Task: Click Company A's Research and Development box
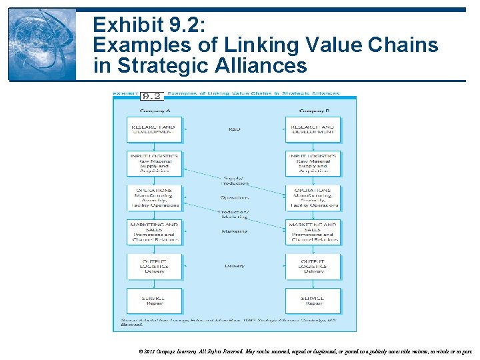click(x=154, y=129)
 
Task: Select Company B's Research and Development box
click(x=313, y=129)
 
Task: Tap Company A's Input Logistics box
click(x=154, y=163)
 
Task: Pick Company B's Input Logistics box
click(x=313, y=163)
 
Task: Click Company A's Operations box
click(x=154, y=198)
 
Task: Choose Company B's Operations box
click(x=313, y=198)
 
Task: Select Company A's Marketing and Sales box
click(x=154, y=231)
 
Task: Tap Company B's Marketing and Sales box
click(x=313, y=231)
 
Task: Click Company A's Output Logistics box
click(x=154, y=265)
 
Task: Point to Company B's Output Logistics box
click(x=313, y=265)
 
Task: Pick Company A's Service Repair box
click(x=154, y=300)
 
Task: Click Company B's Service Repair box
click(x=313, y=300)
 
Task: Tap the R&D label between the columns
click(x=234, y=129)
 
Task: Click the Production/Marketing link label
click(x=234, y=214)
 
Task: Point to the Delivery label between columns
click(x=234, y=266)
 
